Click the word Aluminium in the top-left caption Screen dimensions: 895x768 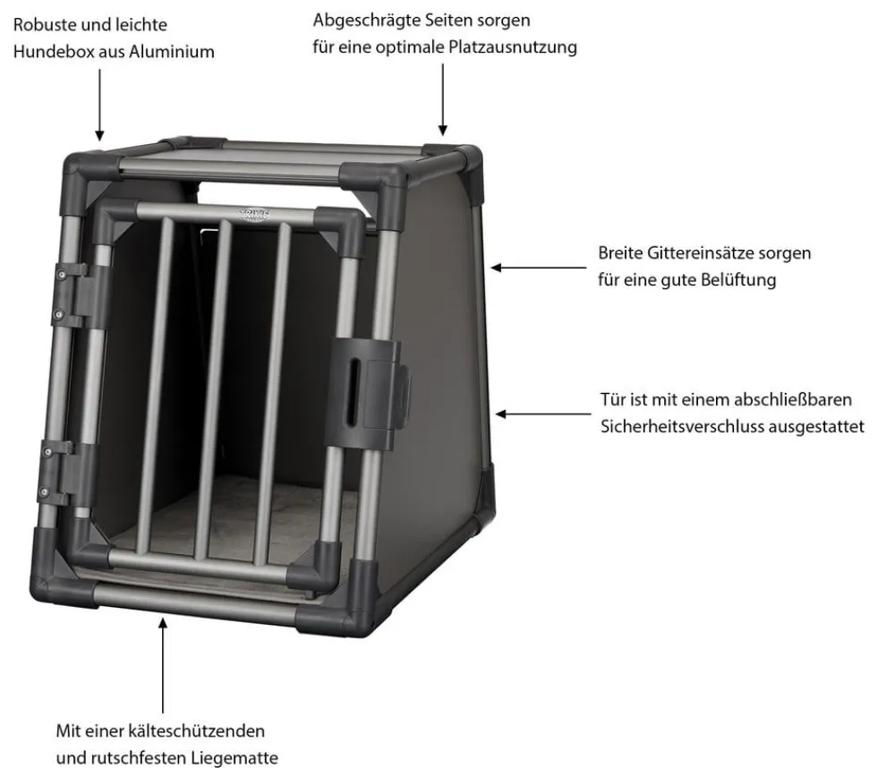click(171, 51)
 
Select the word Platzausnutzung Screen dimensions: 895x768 click(513, 47)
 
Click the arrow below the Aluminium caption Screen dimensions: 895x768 click(100, 105)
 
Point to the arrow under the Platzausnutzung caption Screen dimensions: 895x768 click(442, 100)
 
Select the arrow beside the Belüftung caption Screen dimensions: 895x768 click(539, 268)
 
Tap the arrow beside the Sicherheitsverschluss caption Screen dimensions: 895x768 click(543, 414)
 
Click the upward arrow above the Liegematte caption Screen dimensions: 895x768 click(163, 665)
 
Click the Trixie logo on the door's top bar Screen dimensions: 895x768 click(254, 215)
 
